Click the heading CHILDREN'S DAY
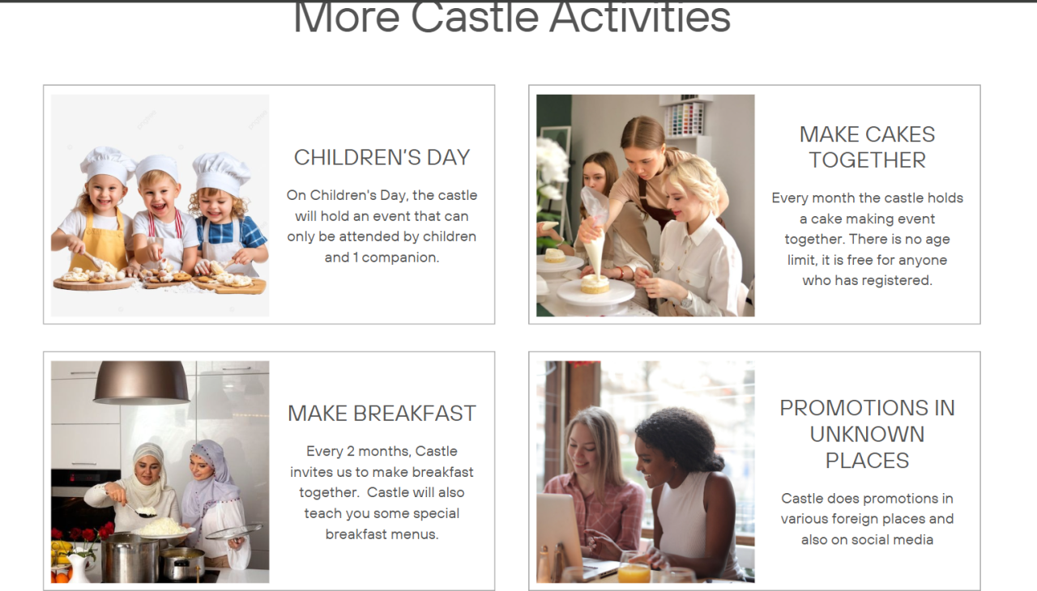(382, 158)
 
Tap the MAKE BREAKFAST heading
(382, 414)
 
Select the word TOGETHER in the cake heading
(867, 160)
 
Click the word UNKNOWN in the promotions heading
(867, 435)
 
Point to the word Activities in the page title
(640, 18)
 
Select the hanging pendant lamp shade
(141, 382)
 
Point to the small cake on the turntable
(595, 284)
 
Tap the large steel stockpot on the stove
(130, 558)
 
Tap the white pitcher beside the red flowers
(79, 568)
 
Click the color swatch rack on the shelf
(685, 119)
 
